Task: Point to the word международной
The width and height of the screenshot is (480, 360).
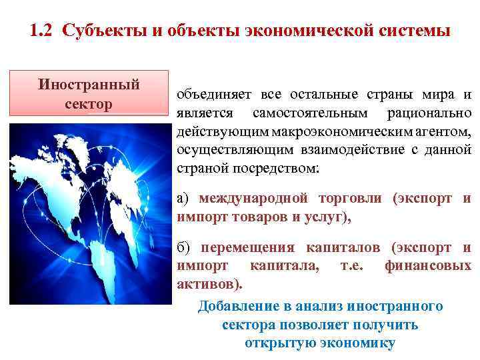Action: (253, 198)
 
